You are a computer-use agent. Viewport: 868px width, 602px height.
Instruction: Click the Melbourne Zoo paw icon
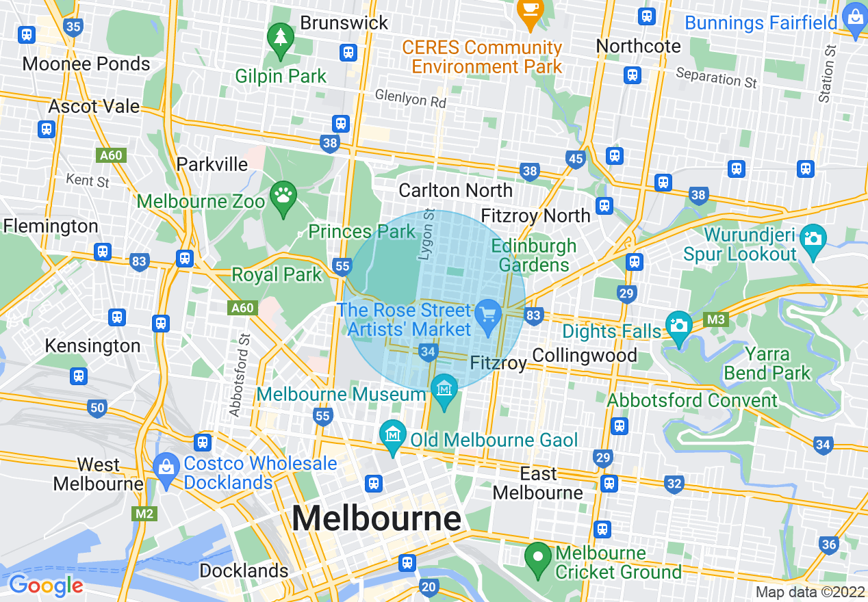pos(283,195)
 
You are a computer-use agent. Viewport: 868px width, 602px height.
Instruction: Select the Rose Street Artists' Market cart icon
pos(488,314)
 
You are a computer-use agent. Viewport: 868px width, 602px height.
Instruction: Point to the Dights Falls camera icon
pos(679,324)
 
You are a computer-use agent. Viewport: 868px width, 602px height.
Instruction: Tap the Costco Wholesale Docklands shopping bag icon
pos(166,468)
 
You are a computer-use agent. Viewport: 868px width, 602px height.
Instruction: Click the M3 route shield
pos(716,319)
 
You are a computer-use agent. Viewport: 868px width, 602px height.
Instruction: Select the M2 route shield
pos(144,513)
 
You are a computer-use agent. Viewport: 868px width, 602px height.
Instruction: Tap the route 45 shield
pos(576,159)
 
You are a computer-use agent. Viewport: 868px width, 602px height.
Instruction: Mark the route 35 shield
pos(73,27)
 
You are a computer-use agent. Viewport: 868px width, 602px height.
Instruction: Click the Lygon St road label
pos(429,234)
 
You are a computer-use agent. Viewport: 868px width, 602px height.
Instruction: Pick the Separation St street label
pos(716,77)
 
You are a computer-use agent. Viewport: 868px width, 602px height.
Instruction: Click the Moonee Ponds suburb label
pos(86,64)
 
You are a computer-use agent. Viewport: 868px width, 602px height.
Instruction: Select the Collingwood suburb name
pos(584,356)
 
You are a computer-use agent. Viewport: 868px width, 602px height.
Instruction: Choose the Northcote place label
pos(639,46)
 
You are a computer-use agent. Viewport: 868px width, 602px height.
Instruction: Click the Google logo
pos(46,586)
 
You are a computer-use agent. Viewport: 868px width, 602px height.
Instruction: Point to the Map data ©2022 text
pos(810,592)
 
